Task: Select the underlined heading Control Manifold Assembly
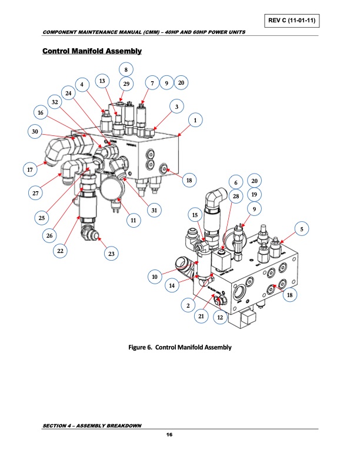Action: coord(92,51)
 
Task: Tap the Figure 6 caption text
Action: coord(180,347)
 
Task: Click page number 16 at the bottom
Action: coord(169,434)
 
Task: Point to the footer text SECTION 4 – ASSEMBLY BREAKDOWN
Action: coord(92,425)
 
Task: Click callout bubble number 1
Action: coord(194,121)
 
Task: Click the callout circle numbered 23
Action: coord(110,254)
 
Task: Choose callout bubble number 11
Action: coord(133,220)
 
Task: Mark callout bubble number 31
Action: coord(154,210)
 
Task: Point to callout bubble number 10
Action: coord(155,276)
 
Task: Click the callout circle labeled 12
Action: coord(220,317)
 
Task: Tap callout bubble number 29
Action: coord(126,84)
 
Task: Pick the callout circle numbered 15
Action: coord(195,215)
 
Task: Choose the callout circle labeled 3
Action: coord(175,106)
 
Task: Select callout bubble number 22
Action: coord(60,250)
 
